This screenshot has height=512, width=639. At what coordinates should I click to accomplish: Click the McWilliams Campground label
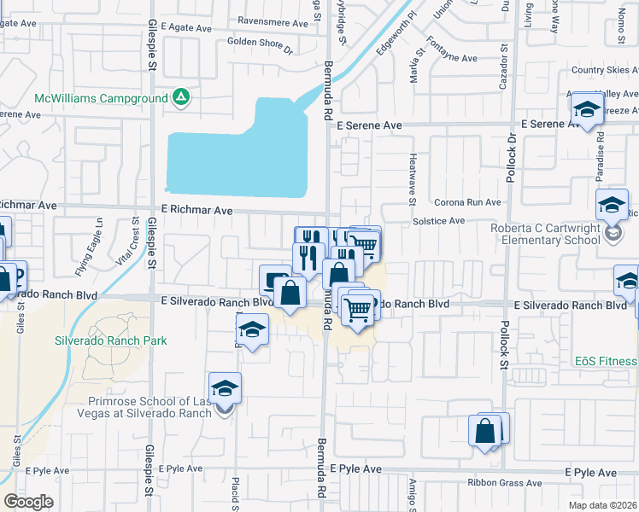[x=102, y=98]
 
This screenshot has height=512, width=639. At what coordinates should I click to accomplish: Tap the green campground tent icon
[x=181, y=98]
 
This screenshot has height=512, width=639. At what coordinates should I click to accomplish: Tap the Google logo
[x=28, y=501]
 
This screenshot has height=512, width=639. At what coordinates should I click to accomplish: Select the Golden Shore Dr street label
[x=260, y=41]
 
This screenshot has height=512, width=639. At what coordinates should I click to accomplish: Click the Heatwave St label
[x=411, y=179]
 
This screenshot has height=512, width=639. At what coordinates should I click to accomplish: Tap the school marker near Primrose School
[x=225, y=388]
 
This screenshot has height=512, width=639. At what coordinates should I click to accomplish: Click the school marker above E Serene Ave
[x=587, y=109]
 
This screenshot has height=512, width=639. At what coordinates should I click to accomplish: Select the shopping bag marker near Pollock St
[x=485, y=431]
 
